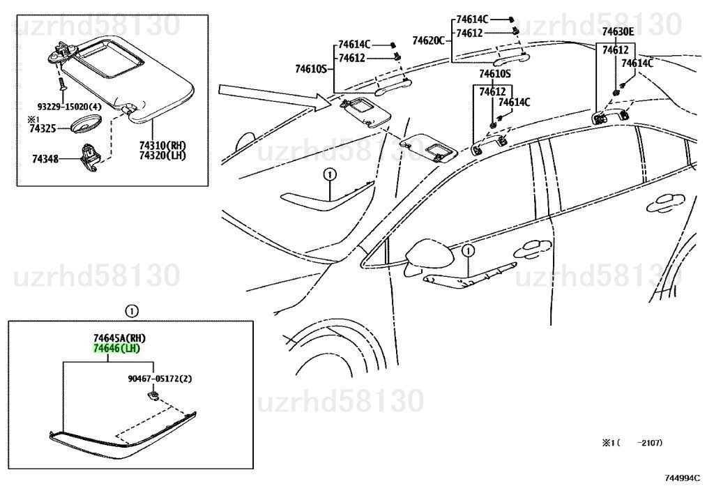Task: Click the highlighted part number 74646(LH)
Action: coord(116,349)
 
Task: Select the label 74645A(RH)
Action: coord(119,338)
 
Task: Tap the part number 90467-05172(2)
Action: coord(160,379)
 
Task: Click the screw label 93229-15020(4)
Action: coord(69,107)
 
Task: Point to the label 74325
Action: coord(43,129)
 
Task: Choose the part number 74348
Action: coord(45,159)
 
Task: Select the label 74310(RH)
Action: coord(162,146)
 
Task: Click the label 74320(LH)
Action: coord(162,156)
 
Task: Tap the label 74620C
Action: coord(429,41)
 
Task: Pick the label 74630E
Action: coord(618,31)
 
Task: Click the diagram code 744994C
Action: coord(682,478)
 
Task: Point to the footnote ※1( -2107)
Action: coord(632,443)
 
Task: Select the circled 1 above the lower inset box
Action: coord(131,312)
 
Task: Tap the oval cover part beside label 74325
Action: coord(86,124)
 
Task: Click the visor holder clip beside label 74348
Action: coord(90,158)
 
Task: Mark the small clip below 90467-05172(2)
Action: coord(153,395)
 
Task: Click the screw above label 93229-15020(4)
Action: coord(61,83)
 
